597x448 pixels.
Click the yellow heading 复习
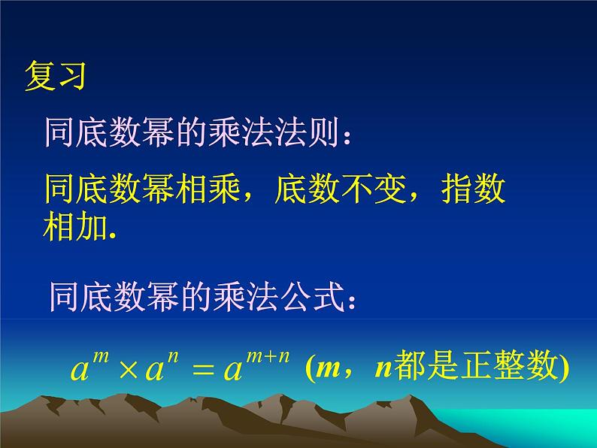tap(57, 76)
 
